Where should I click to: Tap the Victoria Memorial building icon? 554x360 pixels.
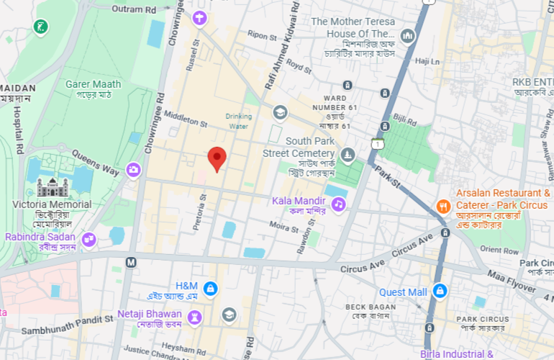pyautogui.click(x=52, y=189)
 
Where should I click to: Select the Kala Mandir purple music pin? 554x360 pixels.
pyautogui.click(x=338, y=204)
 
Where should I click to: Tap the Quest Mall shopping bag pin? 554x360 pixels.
pyautogui.click(x=440, y=292)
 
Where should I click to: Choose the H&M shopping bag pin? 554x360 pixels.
pyautogui.click(x=210, y=289)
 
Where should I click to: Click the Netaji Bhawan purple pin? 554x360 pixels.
pyautogui.click(x=194, y=317)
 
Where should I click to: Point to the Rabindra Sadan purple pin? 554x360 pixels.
pyautogui.click(x=88, y=239)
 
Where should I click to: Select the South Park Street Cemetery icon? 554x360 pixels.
pyautogui.click(x=348, y=155)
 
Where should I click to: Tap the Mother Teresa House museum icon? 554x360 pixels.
pyautogui.click(x=408, y=35)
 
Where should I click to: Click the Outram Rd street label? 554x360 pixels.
pyautogui.click(x=135, y=9)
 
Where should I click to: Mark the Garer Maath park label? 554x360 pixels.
pyautogui.click(x=94, y=84)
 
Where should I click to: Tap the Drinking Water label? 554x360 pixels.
pyautogui.click(x=238, y=121)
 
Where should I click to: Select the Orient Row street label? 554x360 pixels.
pyautogui.click(x=499, y=250)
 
